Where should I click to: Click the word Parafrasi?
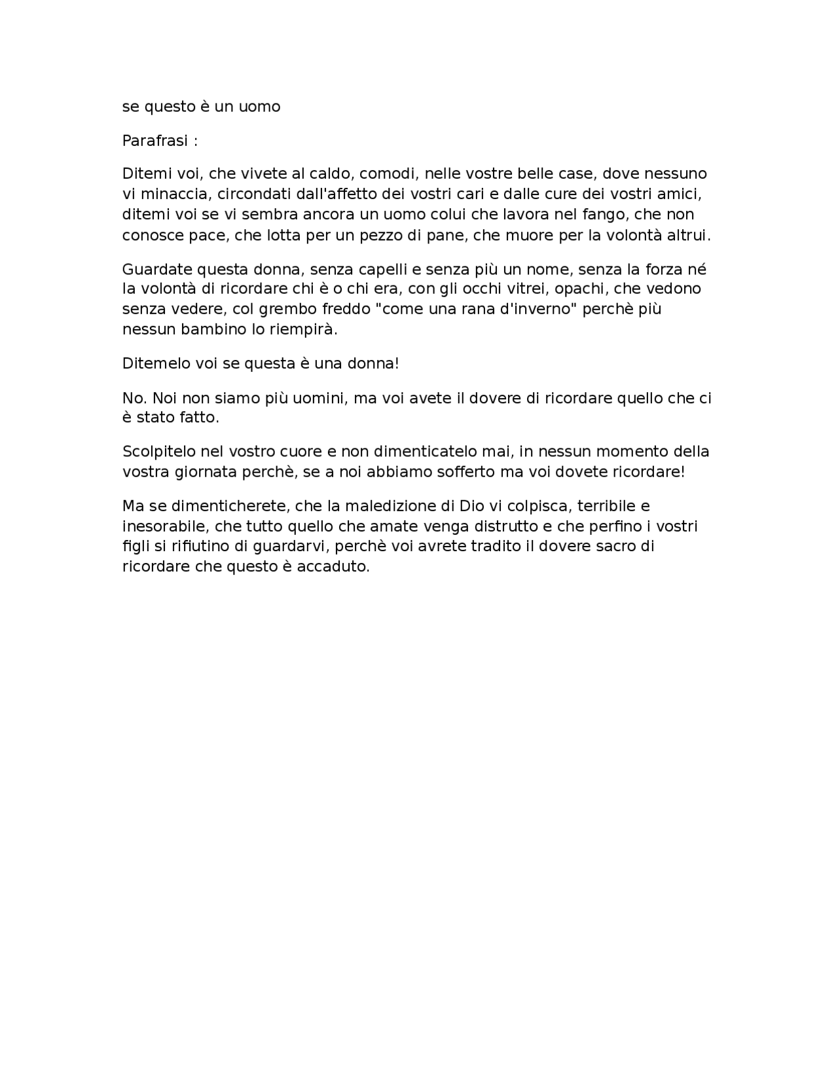[155, 141]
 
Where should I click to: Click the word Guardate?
[155, 270]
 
